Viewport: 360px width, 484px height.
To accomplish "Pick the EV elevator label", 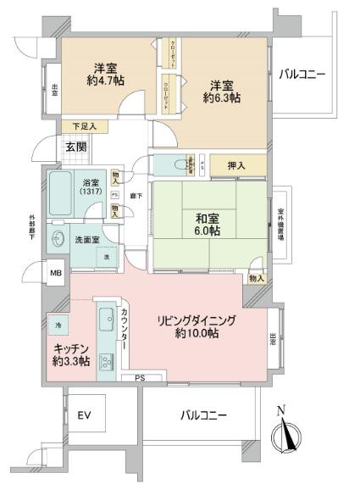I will (x=84, y=415).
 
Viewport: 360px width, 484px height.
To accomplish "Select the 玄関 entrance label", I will (x=75, y=146).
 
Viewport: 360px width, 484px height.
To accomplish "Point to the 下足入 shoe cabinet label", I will (x=84, y=127).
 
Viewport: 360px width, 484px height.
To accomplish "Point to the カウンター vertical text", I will (x=125, y=331).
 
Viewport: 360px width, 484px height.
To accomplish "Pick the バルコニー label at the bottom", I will (x=202, y=415).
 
